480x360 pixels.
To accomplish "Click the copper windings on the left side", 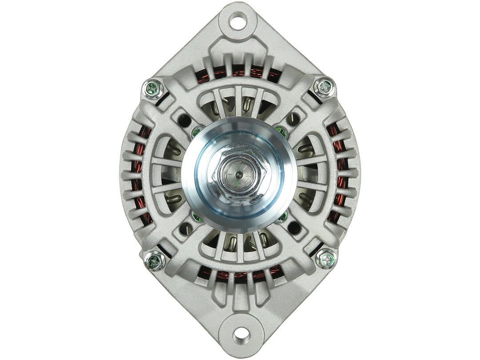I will tap(141, 173).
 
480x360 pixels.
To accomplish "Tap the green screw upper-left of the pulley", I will tap(195, 132).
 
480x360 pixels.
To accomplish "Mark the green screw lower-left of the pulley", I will tap(195, 216).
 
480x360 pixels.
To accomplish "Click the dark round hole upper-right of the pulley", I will tap(293, 118).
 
